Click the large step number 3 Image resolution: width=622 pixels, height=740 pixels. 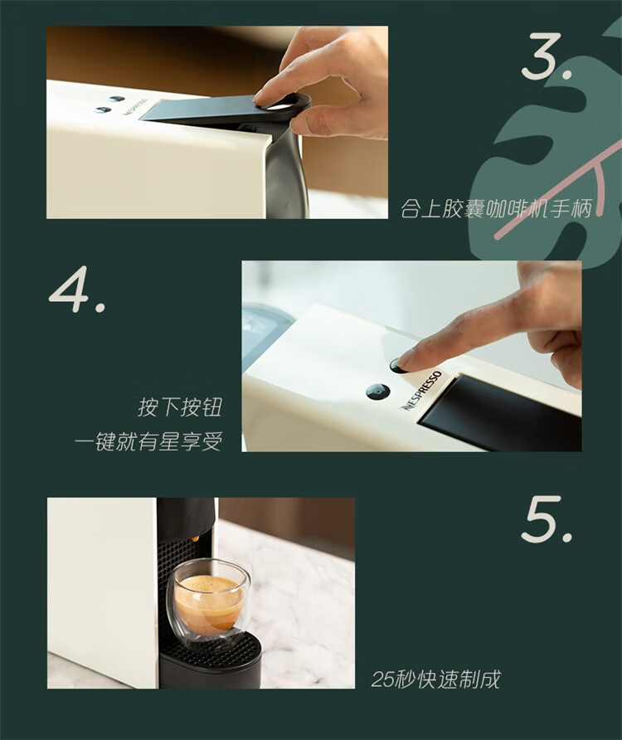pos(547,56)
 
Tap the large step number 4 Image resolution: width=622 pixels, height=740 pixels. pos(77,289)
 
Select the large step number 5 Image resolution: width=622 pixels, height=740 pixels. pos(547,519)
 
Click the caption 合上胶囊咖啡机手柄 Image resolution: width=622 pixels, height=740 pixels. pos(496,208)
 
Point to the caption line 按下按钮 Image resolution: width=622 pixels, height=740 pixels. pos(180,407)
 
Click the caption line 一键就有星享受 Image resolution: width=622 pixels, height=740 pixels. pos(148,441)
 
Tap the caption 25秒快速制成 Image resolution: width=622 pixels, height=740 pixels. pos(435,679)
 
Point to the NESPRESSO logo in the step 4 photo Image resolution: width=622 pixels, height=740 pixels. pos(422,390)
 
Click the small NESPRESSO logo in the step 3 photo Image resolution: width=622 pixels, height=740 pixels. pos(136,107)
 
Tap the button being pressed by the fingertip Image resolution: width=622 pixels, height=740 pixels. pos(398,366)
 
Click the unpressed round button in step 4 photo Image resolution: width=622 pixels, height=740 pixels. pos(378,392)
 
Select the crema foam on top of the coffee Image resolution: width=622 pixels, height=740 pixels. pos(208,584)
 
